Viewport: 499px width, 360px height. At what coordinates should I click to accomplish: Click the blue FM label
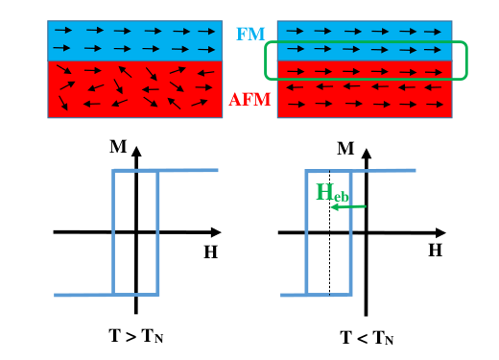[250, 34]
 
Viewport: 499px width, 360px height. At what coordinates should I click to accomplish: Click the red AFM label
[249, 99]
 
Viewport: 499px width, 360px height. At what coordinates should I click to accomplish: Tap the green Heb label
[332, 193]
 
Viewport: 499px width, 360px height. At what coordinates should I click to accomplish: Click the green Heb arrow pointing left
[348, 207]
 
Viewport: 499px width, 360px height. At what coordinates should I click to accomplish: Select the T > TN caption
[136, 336]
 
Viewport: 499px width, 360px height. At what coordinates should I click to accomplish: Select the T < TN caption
[367, 338]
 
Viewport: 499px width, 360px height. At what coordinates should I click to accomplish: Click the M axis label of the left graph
[118, 147]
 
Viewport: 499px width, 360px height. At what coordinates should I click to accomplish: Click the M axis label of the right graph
[345, 149]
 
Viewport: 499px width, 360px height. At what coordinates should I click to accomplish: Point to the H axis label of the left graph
[211, 252]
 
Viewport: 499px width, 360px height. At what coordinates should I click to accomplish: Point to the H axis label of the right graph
[436, 251]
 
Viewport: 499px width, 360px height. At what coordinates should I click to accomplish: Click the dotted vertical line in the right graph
[330, 232]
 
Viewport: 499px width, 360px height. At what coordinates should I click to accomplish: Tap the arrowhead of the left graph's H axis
[217, 232]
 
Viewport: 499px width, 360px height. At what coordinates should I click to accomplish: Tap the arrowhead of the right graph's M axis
[367, 154]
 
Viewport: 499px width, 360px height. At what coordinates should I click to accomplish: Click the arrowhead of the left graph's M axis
[136, 152]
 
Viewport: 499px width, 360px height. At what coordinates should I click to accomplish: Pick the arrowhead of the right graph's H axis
[441, 233]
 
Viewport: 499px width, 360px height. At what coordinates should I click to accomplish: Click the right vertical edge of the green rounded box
[466, 60]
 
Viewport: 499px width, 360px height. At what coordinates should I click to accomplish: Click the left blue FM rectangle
[135, 40]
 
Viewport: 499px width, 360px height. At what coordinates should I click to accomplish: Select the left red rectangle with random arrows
[135, 89]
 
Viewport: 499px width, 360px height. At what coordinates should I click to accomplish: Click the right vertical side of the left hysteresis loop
[157, 232]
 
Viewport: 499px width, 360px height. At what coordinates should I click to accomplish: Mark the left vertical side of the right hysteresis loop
[306, 232]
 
